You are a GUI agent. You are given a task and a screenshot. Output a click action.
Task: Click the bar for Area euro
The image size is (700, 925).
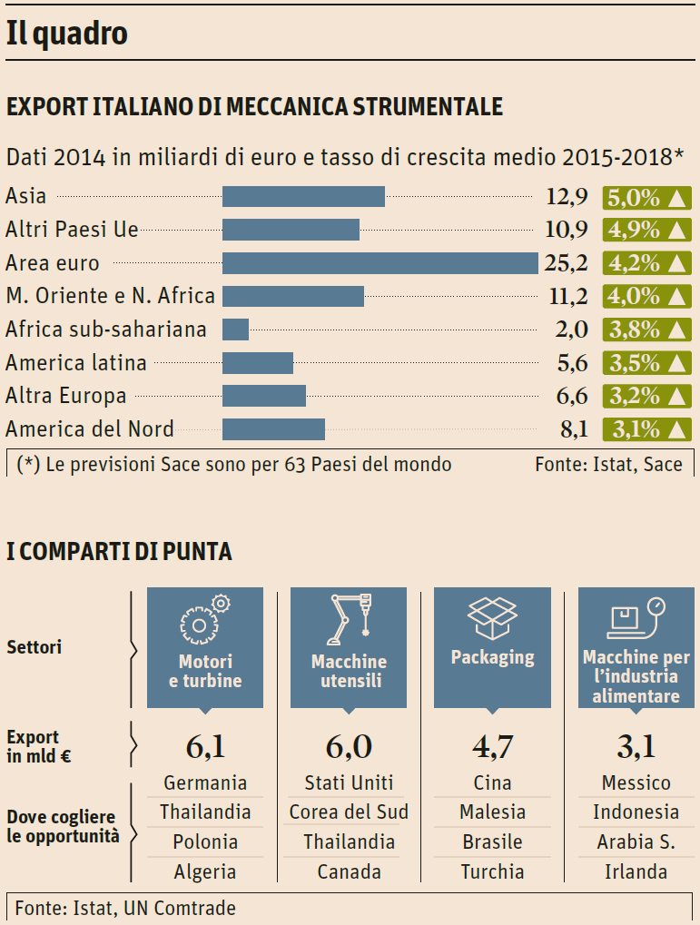coord(380,263)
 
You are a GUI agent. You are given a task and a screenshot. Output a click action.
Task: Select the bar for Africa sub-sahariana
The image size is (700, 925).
coord(235,330)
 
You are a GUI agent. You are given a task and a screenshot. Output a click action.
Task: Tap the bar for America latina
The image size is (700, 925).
coord(258,363)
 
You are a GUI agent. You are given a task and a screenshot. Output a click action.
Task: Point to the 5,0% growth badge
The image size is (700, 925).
coord(646,197)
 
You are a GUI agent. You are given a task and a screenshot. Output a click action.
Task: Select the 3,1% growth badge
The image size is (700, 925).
coord(646,429)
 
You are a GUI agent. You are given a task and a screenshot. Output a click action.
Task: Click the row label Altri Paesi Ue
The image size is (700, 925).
coord(72,230)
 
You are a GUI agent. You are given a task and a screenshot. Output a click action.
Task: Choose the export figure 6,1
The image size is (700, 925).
coord(205,747)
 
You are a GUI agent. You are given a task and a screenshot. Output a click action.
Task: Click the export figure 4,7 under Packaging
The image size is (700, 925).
coord(492,747)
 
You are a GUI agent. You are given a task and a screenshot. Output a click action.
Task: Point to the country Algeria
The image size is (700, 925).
coord(205,872)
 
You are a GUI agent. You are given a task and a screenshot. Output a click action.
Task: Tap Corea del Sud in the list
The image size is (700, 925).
coord(350,812)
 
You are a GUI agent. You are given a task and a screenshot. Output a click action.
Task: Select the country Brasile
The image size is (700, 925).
coord(492,842)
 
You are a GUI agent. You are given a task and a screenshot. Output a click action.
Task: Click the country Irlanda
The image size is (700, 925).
coord(636,872)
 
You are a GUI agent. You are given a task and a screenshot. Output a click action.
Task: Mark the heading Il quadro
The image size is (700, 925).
coord(66,34)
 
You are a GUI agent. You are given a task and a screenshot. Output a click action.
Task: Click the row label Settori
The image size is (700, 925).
coord(34,648)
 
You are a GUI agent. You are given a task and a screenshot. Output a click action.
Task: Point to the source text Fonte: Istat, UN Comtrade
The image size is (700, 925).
coord(125,907)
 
